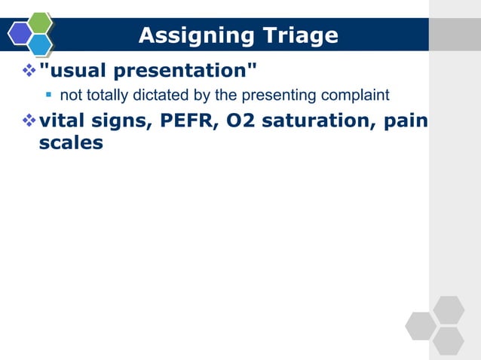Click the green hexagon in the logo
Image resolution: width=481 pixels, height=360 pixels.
(x=39, y=23)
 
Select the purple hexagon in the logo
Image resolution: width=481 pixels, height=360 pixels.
(x=20, y=34)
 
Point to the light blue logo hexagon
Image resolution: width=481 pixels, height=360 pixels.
(x=40, y=44)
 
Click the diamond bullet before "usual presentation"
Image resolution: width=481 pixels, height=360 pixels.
(x=29, y=72)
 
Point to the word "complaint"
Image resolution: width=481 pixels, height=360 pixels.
(x=360, y=96)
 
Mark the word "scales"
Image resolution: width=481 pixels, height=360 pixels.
(x=70, y=142)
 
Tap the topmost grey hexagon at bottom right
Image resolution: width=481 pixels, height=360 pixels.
(x=449, y=310)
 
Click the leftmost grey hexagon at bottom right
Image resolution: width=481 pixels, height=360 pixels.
(x=421, y=325)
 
